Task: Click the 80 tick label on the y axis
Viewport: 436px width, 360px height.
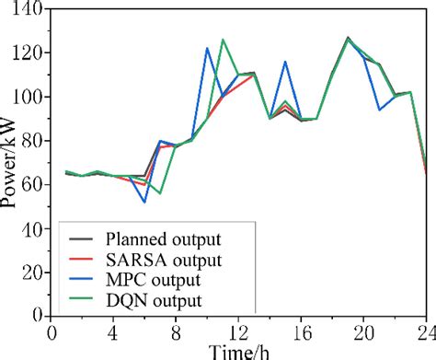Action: pos(33,141)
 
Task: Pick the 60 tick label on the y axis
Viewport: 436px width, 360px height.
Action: pos(33,184)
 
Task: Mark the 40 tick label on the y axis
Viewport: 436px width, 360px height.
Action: pos(33,227)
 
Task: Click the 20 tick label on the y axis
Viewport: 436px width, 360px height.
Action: pos(33,272)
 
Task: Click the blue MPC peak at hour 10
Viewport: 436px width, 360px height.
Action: pos(207,49)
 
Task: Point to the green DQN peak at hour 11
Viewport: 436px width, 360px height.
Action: pos(223,40)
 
